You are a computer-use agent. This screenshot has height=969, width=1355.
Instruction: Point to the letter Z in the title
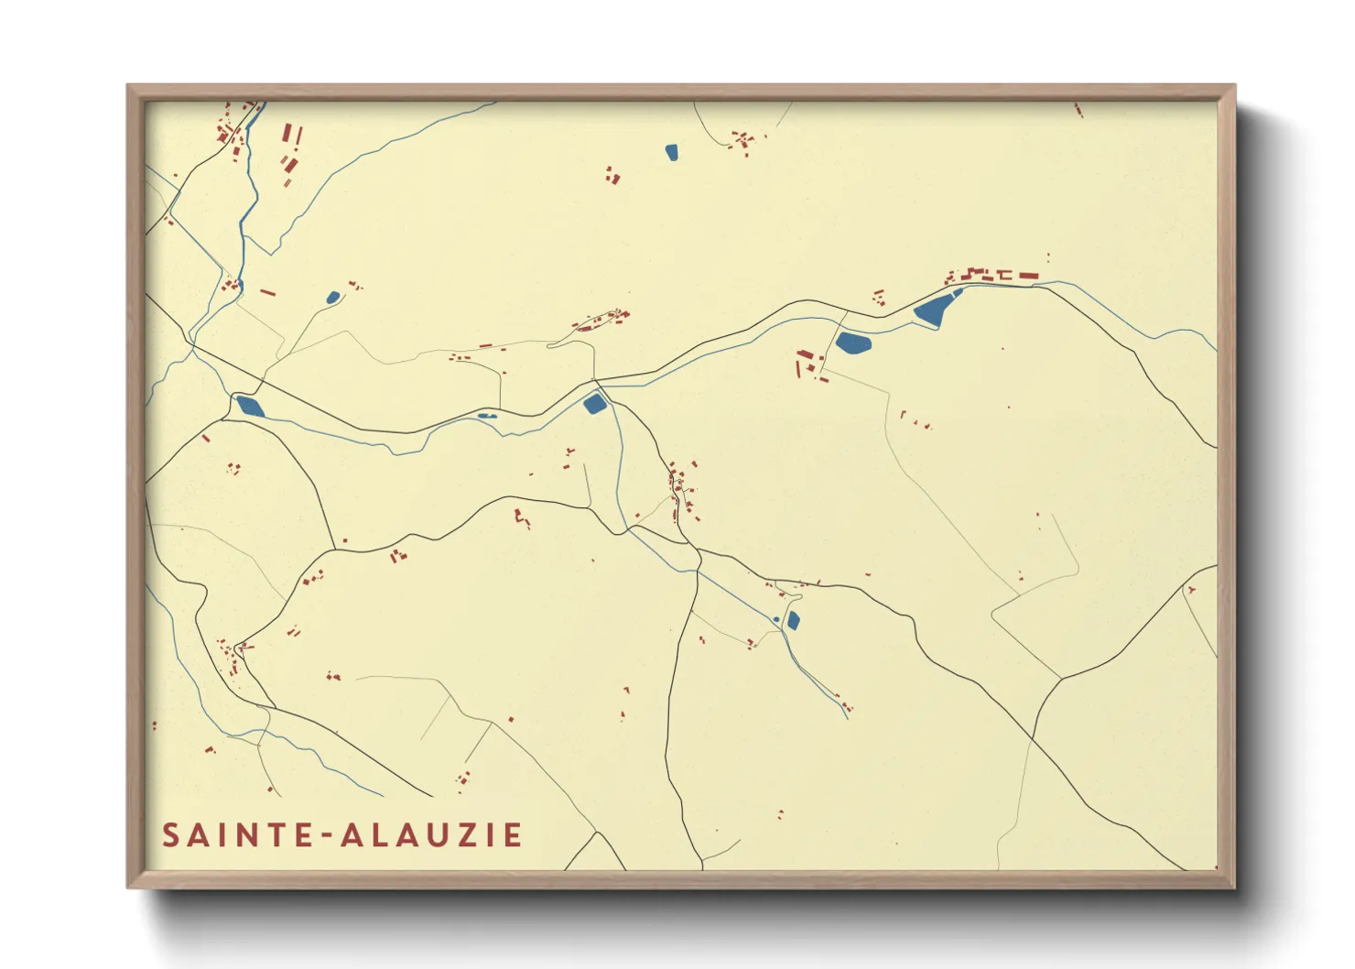click(x=476, y=835)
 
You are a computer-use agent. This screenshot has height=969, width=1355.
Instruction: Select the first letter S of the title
click(x=170, y=835)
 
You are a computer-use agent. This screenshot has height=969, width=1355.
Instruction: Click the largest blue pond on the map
click(x=932, y=310)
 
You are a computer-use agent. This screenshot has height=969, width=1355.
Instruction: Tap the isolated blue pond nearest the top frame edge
click(x=671, y=152)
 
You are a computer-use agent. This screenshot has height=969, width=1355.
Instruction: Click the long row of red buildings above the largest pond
click(x=992, y=274)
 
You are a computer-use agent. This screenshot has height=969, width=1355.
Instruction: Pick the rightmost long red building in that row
click(x=1028, y=275)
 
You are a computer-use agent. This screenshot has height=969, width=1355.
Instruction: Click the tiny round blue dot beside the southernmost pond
click(x=776, y=620)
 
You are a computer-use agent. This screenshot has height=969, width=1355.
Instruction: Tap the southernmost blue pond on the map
click(x=793, y=621)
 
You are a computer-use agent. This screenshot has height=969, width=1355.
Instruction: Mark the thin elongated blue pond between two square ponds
click(x=486, y=416)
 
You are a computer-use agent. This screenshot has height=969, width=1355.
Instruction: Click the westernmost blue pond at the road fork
click(x=250, y=406)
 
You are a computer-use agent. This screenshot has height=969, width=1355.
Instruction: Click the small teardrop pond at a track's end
click(x=332, y=298)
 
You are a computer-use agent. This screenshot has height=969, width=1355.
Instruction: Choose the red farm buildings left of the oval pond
click(x=808, y=364)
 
